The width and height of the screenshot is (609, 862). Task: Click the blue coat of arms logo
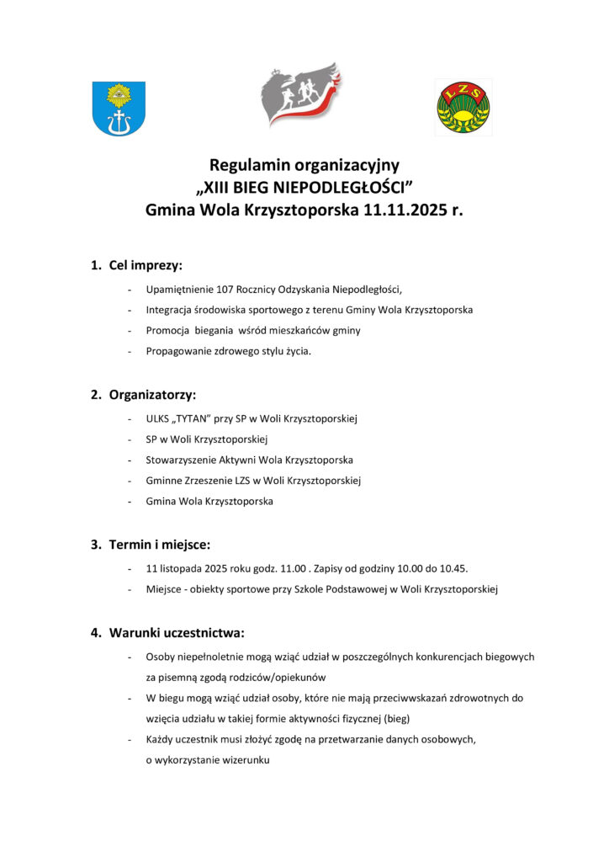click(119, 109)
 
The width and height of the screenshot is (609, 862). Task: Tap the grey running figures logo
click(299, 94)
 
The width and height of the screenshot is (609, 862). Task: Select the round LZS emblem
click(463, 108)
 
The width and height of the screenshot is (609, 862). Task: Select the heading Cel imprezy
click(146, 265)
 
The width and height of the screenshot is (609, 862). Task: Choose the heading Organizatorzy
click(152, 394)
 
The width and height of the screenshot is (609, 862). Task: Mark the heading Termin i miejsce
click(159, 545)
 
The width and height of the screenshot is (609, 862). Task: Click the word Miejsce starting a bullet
click(164, 589)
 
